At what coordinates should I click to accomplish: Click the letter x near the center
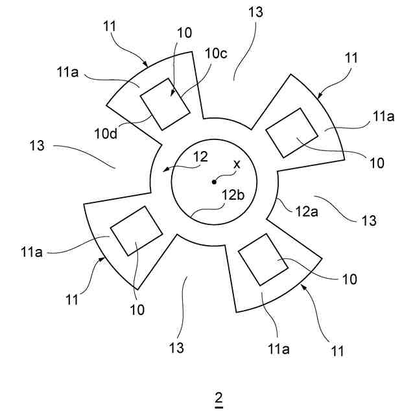(x=237, y=165)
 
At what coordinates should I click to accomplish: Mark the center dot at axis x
(x=215, y=182)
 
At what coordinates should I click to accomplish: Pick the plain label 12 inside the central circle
(x=200, y=156)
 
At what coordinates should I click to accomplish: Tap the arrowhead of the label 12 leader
(x=165, y=170)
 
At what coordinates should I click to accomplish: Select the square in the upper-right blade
(x=292, y=132)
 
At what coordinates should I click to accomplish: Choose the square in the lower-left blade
(x=136, y=230)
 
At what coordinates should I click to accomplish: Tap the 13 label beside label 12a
(x=368, y=221)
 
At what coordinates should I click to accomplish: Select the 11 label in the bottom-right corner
(x=337, y=352)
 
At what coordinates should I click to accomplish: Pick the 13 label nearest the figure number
(x=178, y=348)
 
